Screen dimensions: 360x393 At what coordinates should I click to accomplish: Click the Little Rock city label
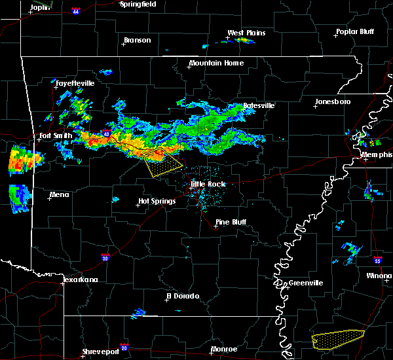208,184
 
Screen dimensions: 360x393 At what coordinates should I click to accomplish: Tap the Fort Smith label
52,136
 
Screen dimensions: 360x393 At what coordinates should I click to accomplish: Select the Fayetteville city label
75,84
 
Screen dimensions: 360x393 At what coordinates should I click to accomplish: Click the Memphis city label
377,154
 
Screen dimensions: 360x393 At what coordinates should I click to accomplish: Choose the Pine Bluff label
231,222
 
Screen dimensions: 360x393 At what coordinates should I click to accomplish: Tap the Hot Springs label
157,202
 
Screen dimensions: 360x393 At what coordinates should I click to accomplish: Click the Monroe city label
225,350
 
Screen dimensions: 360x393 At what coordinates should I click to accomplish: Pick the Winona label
379,276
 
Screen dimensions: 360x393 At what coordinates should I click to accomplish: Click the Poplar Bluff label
355,31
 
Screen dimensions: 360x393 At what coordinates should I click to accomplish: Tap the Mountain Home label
216,63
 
